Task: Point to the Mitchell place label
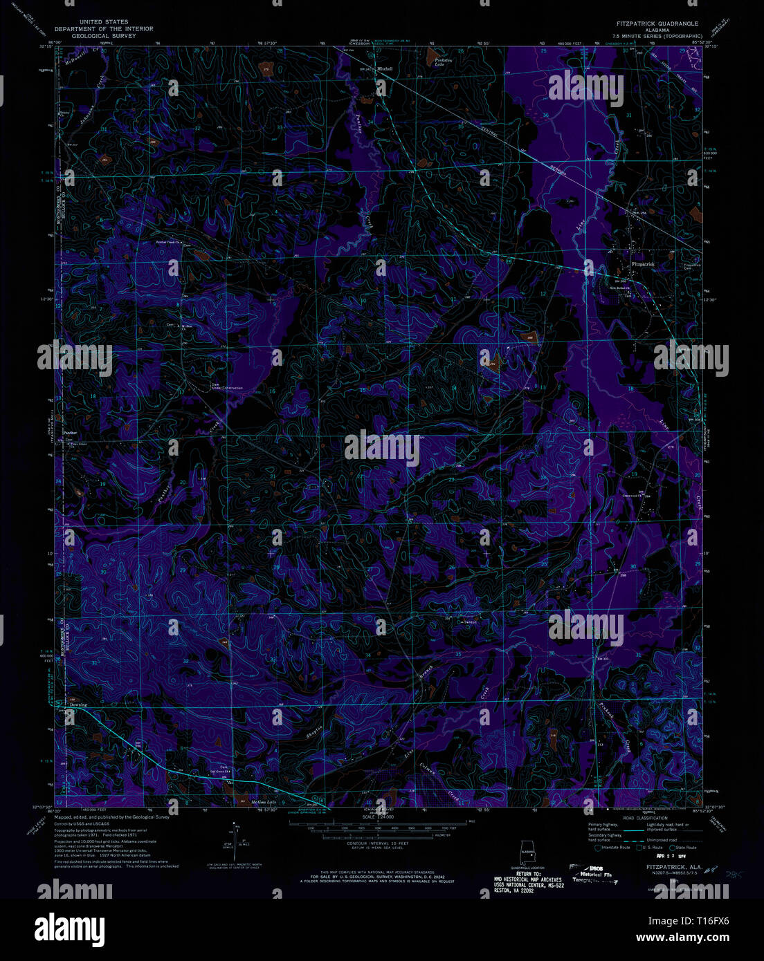click(x=385, y=69)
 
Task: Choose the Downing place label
click(x=78, y=705)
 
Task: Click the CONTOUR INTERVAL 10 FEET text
click(x=381, y=843)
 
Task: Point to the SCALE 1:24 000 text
click(x=378, y=817)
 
